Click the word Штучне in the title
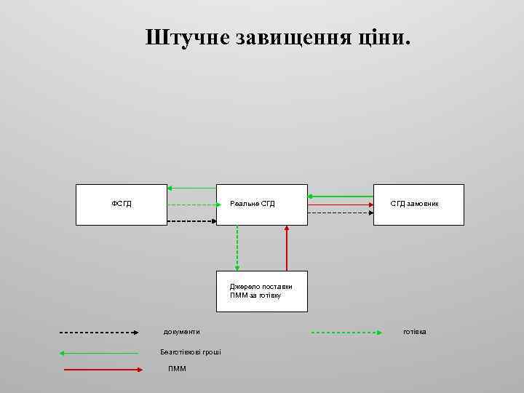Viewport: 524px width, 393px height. click(x=187, y=38)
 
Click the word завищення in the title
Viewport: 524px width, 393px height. click(x=291, y=38)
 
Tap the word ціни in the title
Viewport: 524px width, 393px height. click(x=384, y=38)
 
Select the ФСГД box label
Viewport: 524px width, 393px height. click(x=122, y=204)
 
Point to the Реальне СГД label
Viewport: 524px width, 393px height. click(x=253, y=204)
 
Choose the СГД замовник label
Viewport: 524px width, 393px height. click(x=414, y=204)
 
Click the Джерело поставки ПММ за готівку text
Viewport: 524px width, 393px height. click(x=261, y=291)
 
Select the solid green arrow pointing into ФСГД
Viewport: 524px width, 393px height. click(x=191, y=188)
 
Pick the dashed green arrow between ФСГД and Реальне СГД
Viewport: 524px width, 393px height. click(x=191, y=205)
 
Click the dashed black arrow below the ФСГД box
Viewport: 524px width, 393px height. click(x=191, y=221)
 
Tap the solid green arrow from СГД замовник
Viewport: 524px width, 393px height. click(x=340, y=196)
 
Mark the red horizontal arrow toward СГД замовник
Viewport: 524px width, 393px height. click(x=340, y=205)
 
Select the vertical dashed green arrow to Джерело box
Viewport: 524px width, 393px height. click(x=237, y=247)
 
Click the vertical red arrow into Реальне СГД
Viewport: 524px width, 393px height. click(x=287, y=247)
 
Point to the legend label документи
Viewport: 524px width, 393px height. click(x=181, y=332)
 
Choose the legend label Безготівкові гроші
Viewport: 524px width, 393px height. click(x=191, y=352)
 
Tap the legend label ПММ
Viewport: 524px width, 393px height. click(x=177, y=369)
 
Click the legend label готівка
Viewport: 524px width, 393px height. click(x=415, y=332)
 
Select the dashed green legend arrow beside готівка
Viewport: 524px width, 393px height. click(x=346, y=333)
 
